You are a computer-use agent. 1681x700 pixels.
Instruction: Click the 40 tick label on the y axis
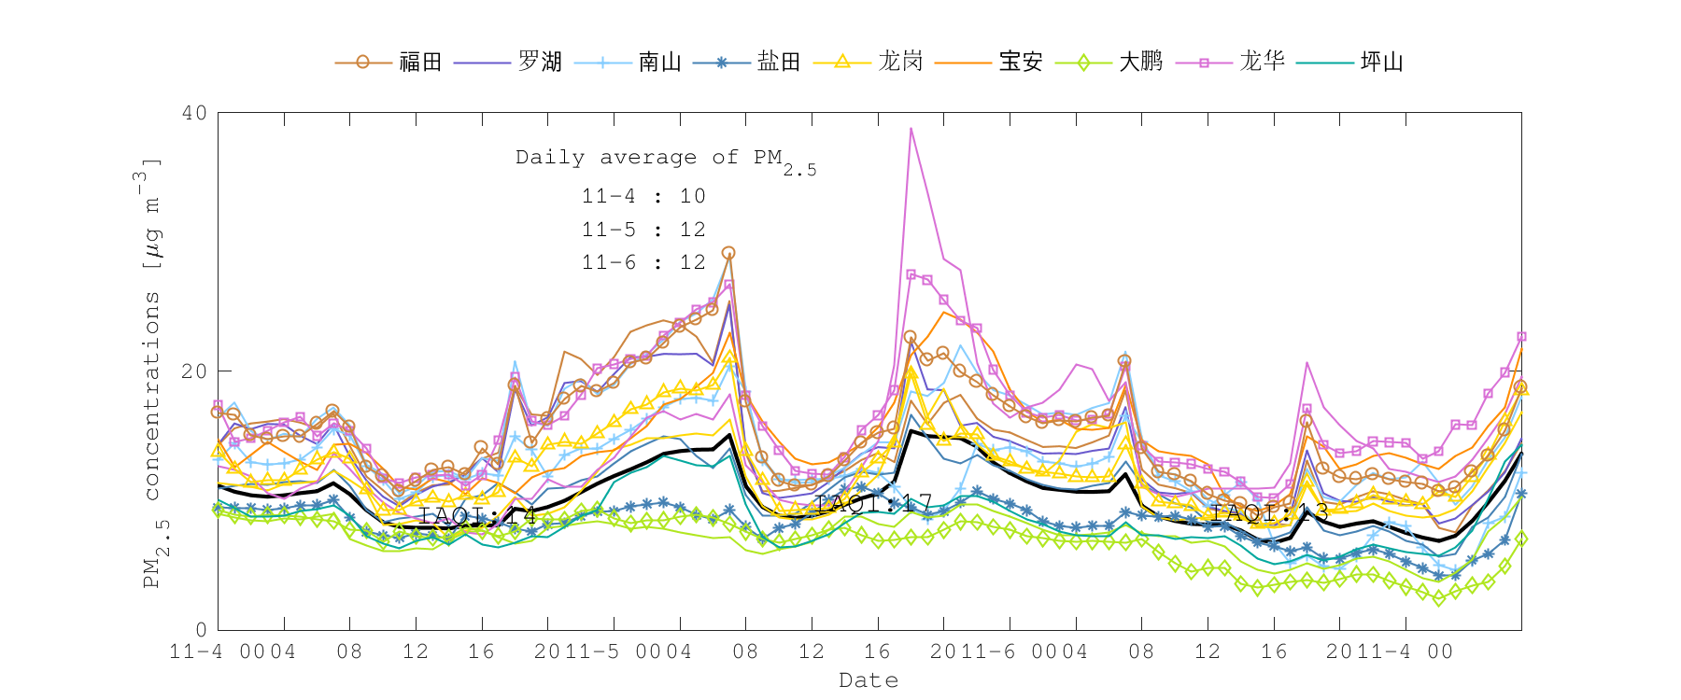click(194, 113)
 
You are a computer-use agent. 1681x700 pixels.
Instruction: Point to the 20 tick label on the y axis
click(194, 371)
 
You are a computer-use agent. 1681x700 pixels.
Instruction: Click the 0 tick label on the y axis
click(201, 630)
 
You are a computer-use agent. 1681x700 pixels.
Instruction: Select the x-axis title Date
click(869, 680)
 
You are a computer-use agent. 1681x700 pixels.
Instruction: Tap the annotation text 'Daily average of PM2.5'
click(665, 159)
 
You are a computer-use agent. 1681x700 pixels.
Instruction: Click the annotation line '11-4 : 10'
click(643, 196)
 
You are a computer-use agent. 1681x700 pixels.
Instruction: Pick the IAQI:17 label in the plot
click(873, 504)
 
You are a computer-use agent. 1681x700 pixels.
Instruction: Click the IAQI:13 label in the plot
click(1269, 511)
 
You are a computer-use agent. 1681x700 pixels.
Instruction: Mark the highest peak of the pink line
click(911, 129)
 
